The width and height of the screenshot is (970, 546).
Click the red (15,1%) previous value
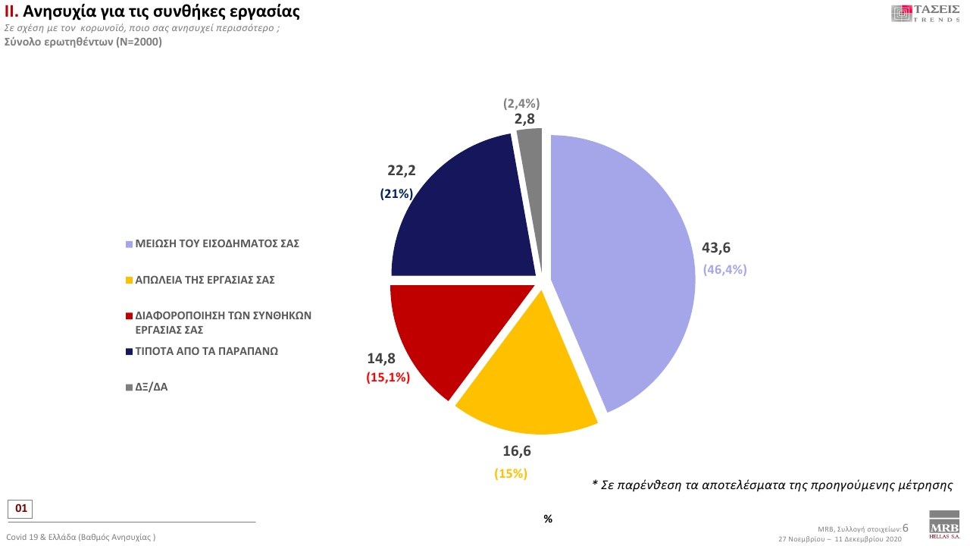388,376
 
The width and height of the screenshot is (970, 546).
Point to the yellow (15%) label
511,474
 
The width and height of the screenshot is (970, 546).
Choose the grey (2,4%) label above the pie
522,104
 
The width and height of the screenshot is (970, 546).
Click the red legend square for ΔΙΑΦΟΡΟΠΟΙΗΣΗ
130,315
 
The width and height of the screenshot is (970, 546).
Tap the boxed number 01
20,508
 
